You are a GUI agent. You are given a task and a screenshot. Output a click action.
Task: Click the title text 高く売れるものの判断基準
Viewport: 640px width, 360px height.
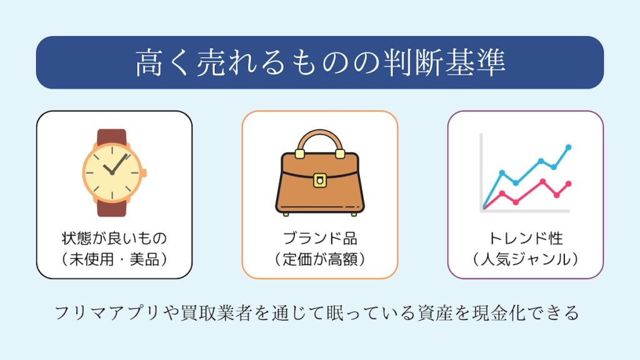[321, 63]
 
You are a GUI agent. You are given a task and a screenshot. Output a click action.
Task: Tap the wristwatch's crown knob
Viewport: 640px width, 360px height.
[144, 173]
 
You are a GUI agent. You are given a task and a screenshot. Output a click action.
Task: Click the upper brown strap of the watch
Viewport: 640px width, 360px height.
[112, 137]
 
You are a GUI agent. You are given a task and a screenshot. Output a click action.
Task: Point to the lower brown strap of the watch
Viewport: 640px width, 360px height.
[112, 208]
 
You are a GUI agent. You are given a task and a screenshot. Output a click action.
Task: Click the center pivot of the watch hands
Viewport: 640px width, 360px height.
[112, 173]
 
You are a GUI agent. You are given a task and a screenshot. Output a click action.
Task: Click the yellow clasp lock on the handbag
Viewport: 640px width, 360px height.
[319, 180]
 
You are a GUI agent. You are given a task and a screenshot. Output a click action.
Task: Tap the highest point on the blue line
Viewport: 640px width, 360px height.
[569, 147]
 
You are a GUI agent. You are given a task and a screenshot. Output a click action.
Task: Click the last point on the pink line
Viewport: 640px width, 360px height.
[569, 184]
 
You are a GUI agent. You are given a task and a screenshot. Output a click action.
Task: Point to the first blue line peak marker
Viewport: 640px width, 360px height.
[502, 172]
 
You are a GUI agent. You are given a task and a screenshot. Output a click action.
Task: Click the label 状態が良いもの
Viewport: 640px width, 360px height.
[114, 238]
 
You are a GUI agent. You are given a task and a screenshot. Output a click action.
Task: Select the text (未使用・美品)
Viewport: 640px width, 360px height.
[114, 259]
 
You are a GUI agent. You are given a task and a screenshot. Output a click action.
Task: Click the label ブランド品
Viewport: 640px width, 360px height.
[320, 238]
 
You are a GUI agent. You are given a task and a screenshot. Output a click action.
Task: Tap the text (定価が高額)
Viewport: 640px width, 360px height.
[320, 259]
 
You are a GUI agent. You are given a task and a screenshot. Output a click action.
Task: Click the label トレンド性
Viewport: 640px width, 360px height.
[526, 238]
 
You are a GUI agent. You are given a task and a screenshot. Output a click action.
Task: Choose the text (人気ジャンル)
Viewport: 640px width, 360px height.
[526, 259]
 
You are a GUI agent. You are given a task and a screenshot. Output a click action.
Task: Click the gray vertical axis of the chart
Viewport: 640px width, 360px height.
[481, 171]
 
